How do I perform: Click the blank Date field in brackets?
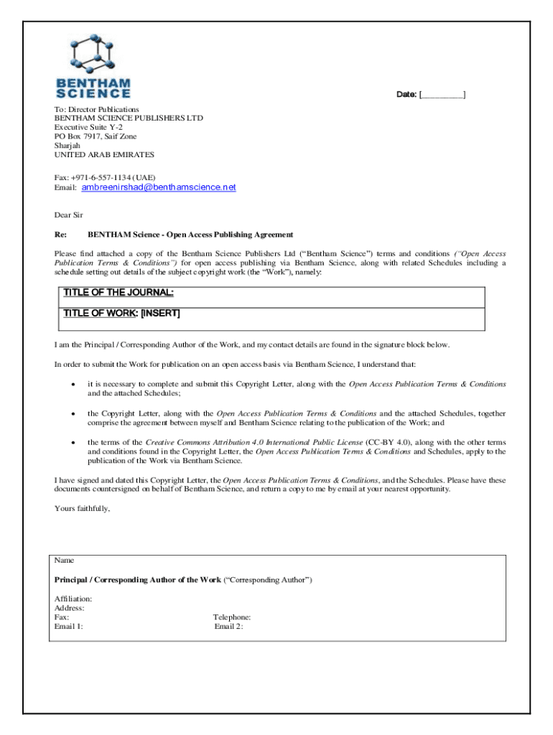(x=442, y=95)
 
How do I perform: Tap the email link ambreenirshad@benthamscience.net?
(x=158, y=187)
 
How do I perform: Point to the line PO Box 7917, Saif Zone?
(x=96, y=136)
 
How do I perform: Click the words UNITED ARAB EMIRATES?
(x=104, y=155)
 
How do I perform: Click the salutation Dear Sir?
(x=69, y=215)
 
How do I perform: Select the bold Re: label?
(x=61, y=235)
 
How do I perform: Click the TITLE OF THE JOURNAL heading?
(x=118, y=293)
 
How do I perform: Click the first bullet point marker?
(x=74, y=385)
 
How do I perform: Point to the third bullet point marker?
(x=74, y=443)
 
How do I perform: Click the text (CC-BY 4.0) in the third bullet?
(x=389, y=443)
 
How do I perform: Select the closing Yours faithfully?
(x=83, y=509)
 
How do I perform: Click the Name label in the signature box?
(x=64, y=560)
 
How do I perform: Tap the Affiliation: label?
(x=73, y=599)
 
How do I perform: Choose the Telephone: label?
(x=232, y=617)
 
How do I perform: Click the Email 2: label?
(x=228, y=627)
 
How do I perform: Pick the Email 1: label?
(x=69, y=627)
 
